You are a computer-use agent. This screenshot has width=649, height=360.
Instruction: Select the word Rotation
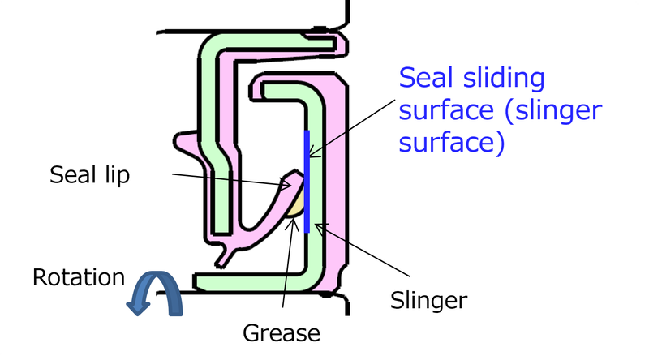(78, 277)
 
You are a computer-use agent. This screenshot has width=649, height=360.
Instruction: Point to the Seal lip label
(89, 175)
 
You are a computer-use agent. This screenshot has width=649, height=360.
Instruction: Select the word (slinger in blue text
(552, 111)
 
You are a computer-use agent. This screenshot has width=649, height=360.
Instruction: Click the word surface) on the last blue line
(452, 143)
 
